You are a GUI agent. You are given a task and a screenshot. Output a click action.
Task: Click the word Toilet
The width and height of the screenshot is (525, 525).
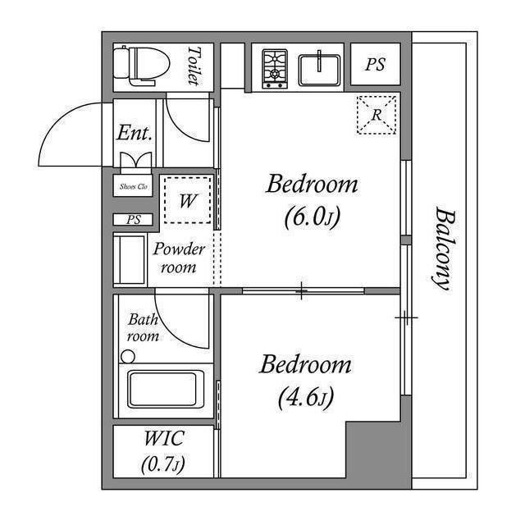click(194, 66)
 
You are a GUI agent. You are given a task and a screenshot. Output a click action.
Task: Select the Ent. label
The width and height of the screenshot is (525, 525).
click(134, 132)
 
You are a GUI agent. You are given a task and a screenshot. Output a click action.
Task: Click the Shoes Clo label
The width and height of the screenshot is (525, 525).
click(134, 187)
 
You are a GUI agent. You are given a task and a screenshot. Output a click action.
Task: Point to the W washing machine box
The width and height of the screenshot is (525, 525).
click(188, 199)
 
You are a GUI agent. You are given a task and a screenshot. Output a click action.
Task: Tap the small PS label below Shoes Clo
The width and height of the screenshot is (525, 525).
click(133, 220)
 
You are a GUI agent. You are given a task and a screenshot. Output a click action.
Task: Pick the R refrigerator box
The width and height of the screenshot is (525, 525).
click(377, 115)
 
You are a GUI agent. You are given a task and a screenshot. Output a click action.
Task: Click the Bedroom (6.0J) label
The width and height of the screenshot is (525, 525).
click(312, 199)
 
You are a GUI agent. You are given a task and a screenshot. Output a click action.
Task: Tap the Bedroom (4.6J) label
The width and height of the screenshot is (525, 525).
click(305, 380)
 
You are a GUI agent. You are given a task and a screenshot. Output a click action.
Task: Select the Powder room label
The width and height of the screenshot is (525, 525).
click(178, 258)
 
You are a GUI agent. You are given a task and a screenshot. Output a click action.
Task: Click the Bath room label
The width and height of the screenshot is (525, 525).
click(142, 328)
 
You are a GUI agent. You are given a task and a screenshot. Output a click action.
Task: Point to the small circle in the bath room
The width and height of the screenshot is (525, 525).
click(127, 357)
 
